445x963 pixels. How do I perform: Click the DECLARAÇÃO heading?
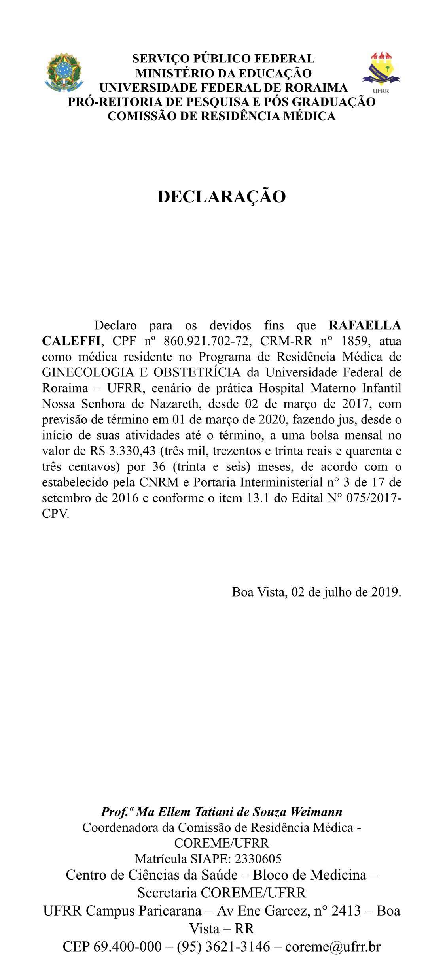[x=222, y=197]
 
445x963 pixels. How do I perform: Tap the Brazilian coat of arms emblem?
[x=64, y=73]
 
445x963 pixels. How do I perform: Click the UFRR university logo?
[x=381, y=73]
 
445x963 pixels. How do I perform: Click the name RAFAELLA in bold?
[x=365, y=325]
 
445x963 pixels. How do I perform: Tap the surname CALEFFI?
[x=71, y=341]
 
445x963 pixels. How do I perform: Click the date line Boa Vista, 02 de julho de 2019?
[x=316, y=592]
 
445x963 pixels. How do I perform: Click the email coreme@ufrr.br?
[x=333, y=946]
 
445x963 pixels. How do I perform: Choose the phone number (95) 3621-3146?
[x=223, y=946]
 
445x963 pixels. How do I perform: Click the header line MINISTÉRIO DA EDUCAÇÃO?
[x=223, y=74]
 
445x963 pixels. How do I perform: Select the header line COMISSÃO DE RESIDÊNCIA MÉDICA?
[x=222, y=116]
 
